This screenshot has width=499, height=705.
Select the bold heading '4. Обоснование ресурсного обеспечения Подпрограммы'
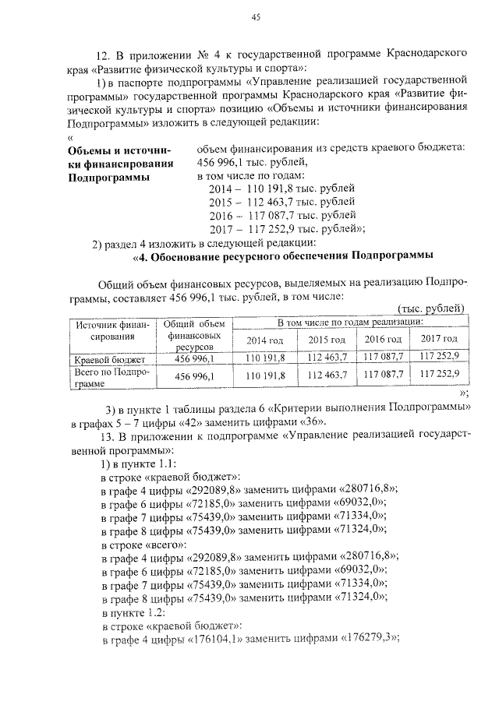tap(284, 256)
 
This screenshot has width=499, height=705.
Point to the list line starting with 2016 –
tap(282, 215)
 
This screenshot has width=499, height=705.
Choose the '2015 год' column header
tap(326, 339)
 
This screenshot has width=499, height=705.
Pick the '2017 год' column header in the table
tap(439, 339)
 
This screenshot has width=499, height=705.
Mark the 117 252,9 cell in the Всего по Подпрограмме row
tap(439, 375)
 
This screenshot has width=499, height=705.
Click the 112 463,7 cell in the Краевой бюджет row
tap(327, 357)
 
